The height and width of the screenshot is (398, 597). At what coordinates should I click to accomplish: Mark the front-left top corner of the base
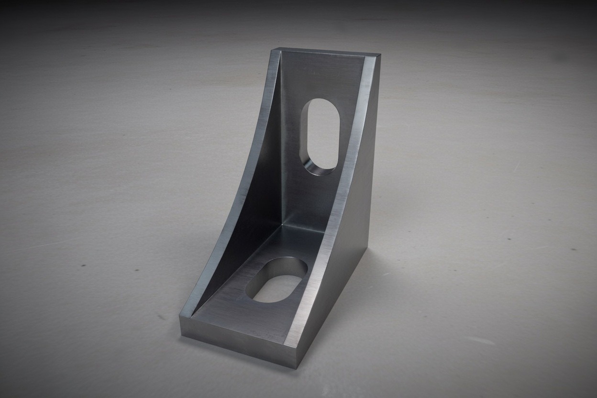pyautogui.click(x=182, y=315)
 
